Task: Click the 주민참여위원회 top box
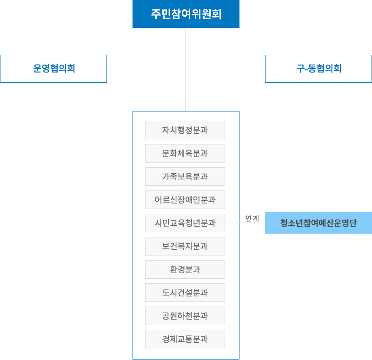186,14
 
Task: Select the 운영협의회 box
53,69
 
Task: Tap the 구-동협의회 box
319,69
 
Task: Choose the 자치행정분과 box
185,130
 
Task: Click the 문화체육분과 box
185,153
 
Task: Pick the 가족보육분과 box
185,177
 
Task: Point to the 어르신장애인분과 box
185,200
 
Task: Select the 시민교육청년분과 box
185,223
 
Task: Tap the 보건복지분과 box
185,246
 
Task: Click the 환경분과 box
185,269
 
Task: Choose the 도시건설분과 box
185,293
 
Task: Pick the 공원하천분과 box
185,316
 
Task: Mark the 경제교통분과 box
185,339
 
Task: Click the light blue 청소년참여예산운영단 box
319,223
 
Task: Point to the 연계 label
252,218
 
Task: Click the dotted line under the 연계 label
245,223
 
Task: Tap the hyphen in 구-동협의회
306,69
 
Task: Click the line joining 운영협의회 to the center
146,68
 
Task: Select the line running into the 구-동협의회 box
225,68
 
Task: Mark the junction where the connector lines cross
185,68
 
